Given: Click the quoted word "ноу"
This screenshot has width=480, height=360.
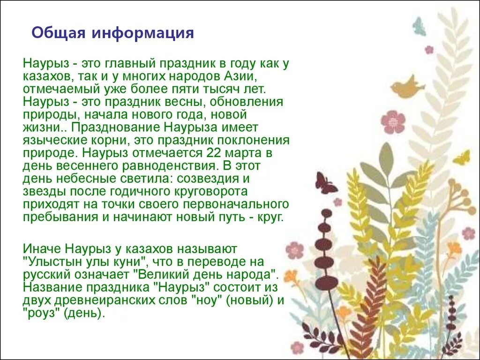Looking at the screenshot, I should click(206, 300).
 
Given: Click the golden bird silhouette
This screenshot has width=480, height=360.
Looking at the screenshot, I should click(406, 88).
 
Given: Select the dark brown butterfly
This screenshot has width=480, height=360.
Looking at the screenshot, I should click(325, 183).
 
